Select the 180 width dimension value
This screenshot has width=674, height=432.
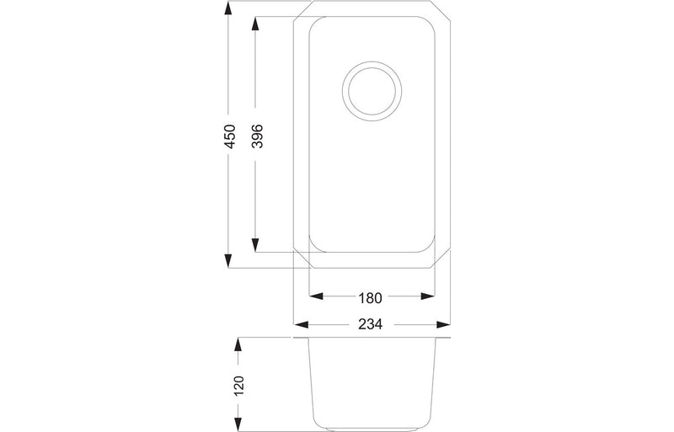click(x=372, y=297)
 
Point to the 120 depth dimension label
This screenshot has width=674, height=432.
click(x=238, y=386)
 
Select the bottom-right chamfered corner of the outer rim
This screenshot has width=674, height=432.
click(x=441, y=259)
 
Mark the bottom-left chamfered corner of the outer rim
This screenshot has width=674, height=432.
click(x=301, y=259)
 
